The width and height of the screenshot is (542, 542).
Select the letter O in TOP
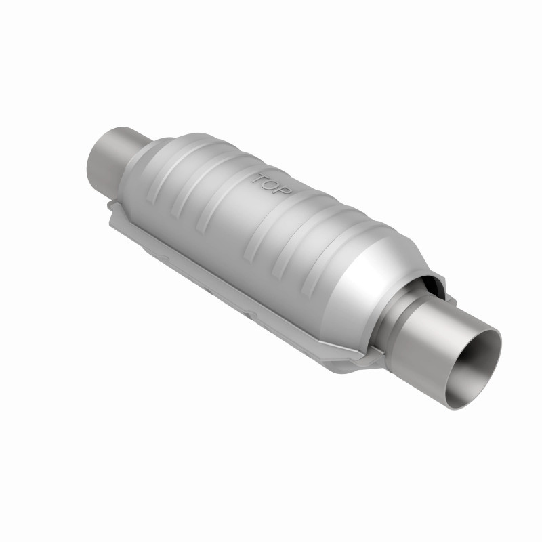point(272,184)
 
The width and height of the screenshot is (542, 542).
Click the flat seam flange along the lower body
point(224,271)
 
